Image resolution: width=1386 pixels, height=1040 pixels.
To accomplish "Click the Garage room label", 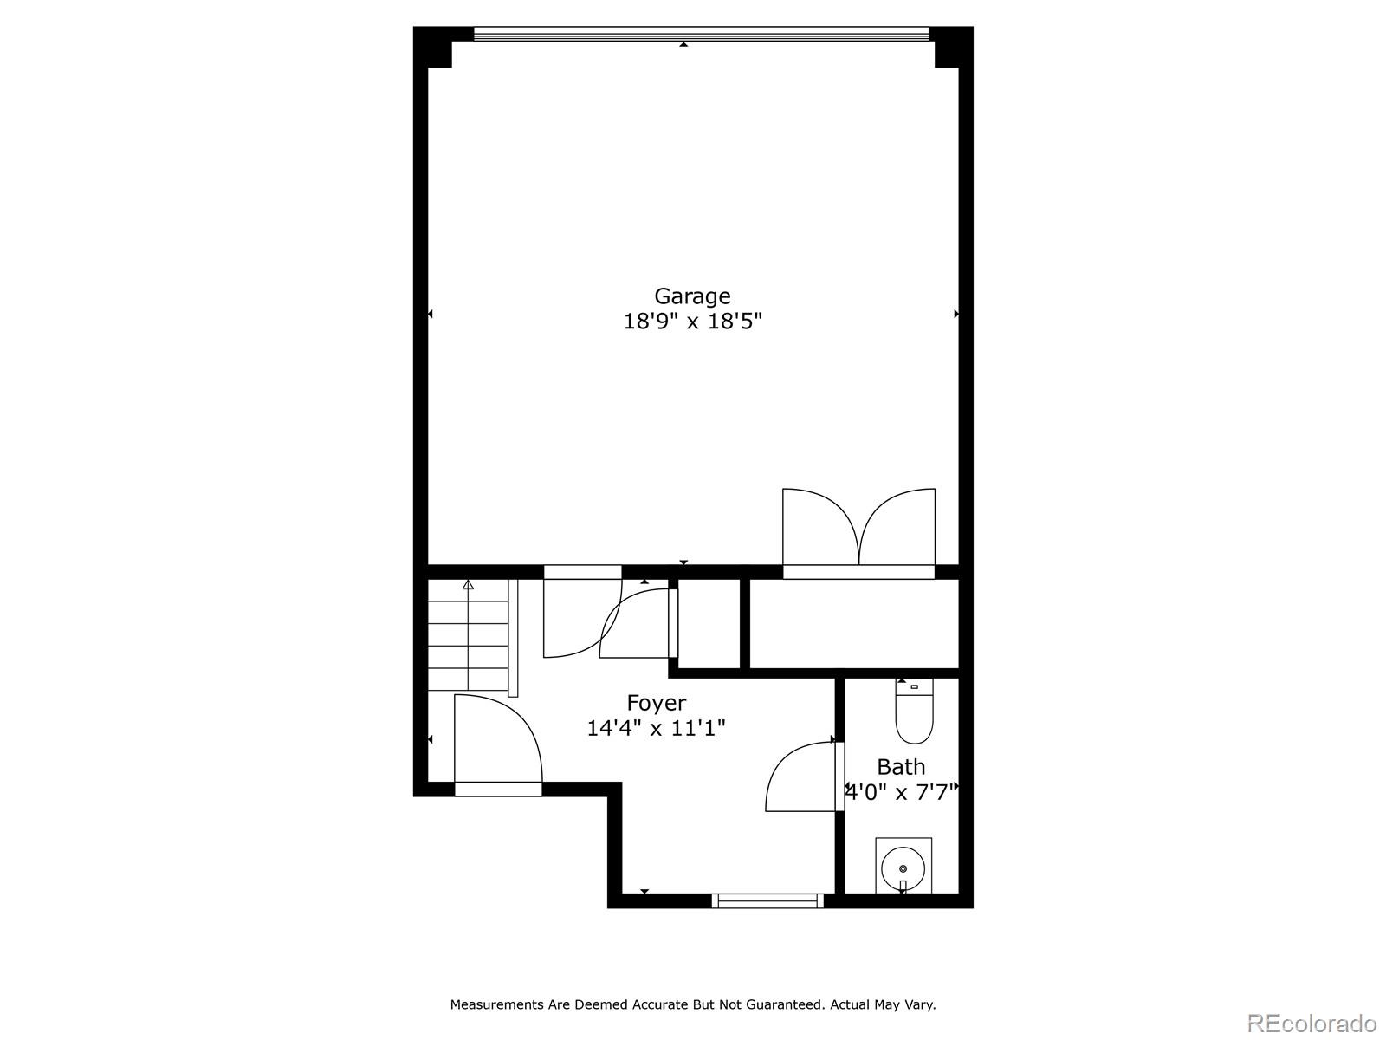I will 692,296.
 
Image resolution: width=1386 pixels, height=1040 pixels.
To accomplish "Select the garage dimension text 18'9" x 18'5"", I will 692,322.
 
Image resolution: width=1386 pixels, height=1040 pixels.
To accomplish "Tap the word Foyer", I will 656,703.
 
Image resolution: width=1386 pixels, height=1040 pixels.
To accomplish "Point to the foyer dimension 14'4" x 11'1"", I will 656,728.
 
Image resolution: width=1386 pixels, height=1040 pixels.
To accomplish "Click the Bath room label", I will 901,767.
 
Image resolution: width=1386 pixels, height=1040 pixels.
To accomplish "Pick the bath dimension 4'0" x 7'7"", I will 901,791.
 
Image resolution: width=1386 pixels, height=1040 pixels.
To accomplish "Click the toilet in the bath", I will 914,712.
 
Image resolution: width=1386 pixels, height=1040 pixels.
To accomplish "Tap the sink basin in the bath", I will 903,867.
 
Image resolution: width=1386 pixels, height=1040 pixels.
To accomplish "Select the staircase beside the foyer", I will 468,637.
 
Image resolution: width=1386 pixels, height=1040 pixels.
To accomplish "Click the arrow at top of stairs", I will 469,585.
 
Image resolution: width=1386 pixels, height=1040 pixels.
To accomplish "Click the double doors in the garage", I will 858,529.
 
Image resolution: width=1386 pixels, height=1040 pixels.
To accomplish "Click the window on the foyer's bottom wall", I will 767,901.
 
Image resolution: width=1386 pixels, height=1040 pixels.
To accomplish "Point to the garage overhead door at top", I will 701,34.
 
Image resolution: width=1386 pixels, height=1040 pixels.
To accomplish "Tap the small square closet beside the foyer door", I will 709,624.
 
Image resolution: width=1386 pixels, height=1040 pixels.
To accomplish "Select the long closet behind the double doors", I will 853,624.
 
